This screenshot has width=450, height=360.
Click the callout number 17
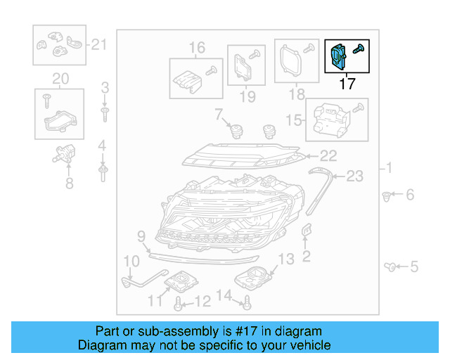coord(347,84)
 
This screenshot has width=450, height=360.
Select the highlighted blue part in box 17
coord(338,56)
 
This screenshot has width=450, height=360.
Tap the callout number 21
coord(98,46)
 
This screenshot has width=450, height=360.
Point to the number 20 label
coord(60,77)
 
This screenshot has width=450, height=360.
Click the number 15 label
coord(297,120)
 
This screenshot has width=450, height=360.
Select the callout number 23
coord(355,176)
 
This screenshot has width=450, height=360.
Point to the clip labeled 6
coord(387,195)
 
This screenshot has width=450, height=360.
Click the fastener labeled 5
coord(390,266)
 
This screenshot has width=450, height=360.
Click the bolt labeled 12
coord(179,304)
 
